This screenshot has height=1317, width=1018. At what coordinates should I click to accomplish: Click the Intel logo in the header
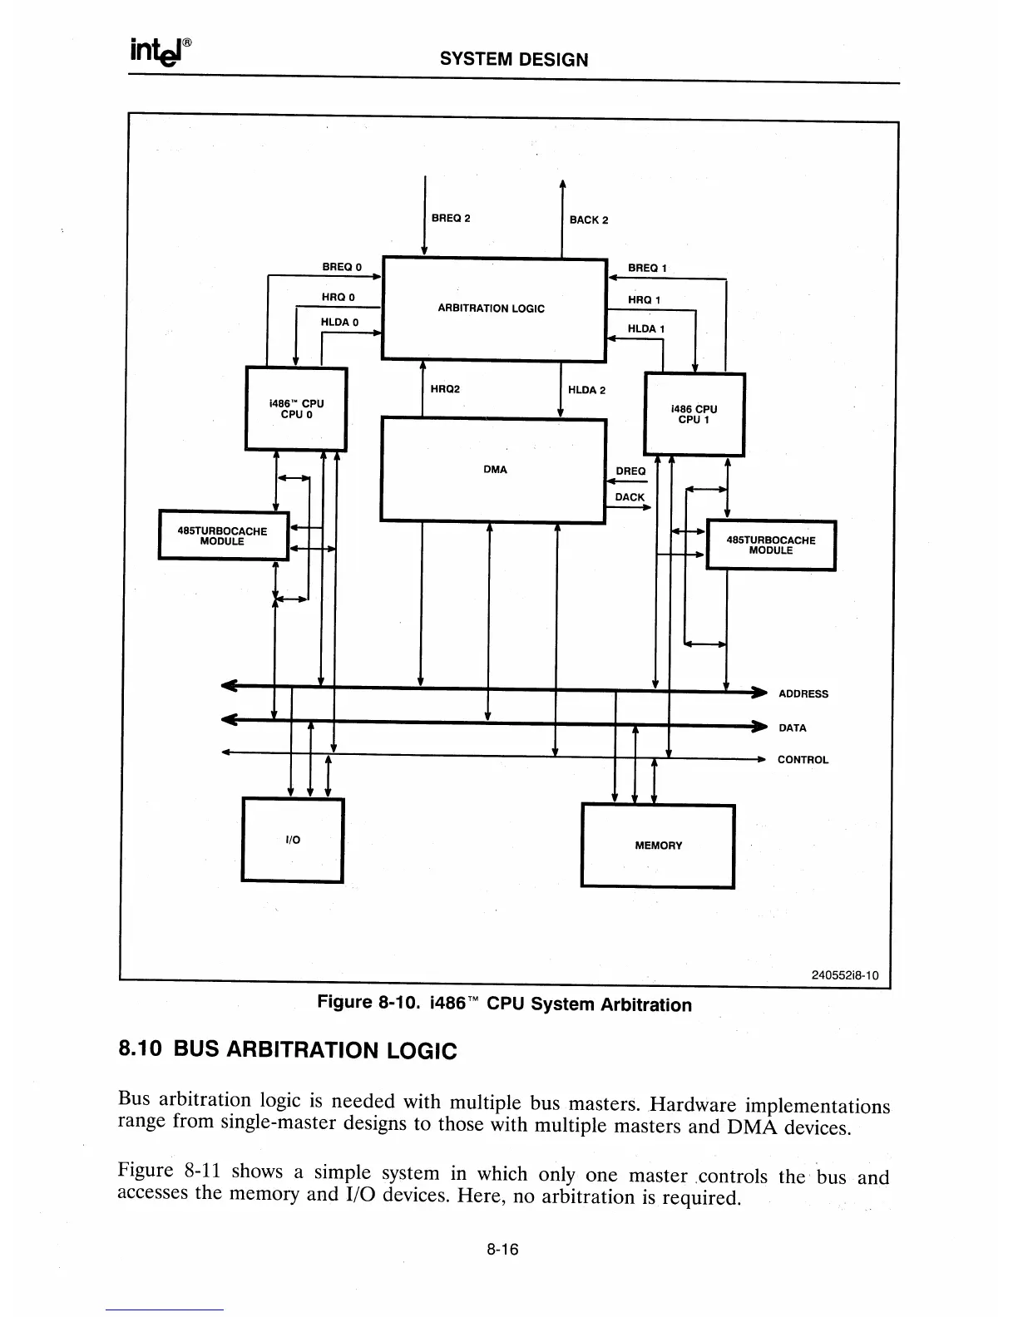click(x=161, y=52)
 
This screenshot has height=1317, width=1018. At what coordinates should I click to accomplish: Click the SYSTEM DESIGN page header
click(x=513, y=60)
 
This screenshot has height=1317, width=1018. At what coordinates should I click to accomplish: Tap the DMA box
click(x=494, y=471)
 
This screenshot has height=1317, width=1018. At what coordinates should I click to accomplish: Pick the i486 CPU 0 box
click(x=295, y=408)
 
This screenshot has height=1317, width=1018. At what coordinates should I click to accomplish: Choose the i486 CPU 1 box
click(x=694, y=414)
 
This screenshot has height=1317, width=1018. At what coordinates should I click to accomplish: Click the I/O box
click(x=292, y=840)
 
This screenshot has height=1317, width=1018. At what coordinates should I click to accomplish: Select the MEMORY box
click(x=658, y=846)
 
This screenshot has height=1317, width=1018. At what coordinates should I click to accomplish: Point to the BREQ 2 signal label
click(x=451, y=219)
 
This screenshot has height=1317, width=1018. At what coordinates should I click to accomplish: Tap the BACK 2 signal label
click(x=589, y=220)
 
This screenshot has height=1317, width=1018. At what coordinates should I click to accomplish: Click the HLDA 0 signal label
click(x=339, y=322)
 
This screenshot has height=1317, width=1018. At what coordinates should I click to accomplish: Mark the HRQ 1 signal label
click(x=644, y=300)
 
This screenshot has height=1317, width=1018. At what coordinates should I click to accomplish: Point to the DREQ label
click(x=630, y=471)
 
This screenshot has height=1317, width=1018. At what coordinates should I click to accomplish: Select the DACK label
click(x=630, y=497)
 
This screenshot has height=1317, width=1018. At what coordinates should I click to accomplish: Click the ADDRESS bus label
click(x=803, y=694)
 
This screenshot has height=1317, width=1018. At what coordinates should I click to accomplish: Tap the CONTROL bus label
click(x=803, y=760)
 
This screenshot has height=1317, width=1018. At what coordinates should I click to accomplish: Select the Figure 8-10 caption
click(x=505, y=1004)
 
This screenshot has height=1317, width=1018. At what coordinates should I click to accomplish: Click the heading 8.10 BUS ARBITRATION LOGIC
click(x=288, y=1050)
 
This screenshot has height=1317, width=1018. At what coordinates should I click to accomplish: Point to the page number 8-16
click(x=502, y=1250)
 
